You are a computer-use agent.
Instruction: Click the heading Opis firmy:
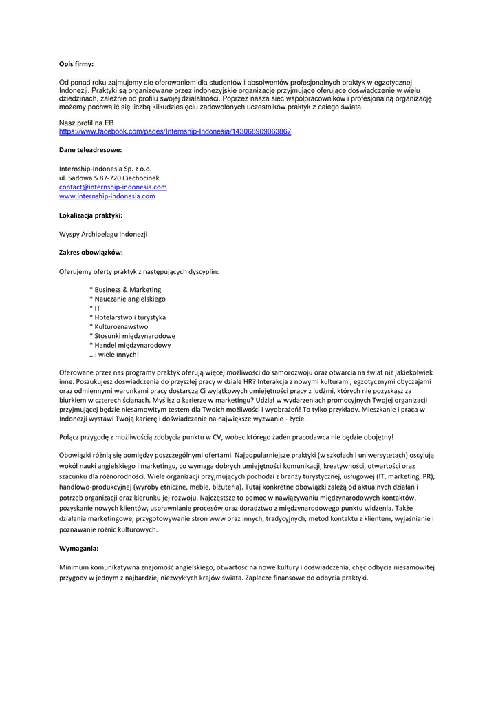pyautogui.click(x=76, y=64)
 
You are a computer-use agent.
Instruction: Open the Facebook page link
pyautogui.click(x=175, y=131)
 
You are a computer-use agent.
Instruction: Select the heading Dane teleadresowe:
pyautogui.click(x=90, y=149)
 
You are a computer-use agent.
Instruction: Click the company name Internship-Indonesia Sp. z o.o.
pyautogui.click(x=105, y=168)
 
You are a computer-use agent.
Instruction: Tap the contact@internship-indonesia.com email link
pyautogui.click(x=113, y=187)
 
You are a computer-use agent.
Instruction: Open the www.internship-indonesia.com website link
pyautogui.click(x=107, y=196)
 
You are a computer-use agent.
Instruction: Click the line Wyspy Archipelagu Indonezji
pyautogui.click(x=103, y=234)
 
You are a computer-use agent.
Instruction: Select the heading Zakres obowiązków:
pyautogui.click(x=91, y=253)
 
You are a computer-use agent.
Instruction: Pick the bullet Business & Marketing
pyautogui.click(x=127, y=290)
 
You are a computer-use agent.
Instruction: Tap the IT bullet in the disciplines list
pyautogui.click(x=97, y=308)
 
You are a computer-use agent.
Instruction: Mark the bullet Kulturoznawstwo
pyautogui.click(x=121, y=326)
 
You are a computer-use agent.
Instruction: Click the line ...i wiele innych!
pyautogui.click(x=114, y=355)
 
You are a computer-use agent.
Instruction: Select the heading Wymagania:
pyautogui.click(x=78, y=549)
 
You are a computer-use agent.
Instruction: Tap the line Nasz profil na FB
pyautogui.click(x=86, y=123)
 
